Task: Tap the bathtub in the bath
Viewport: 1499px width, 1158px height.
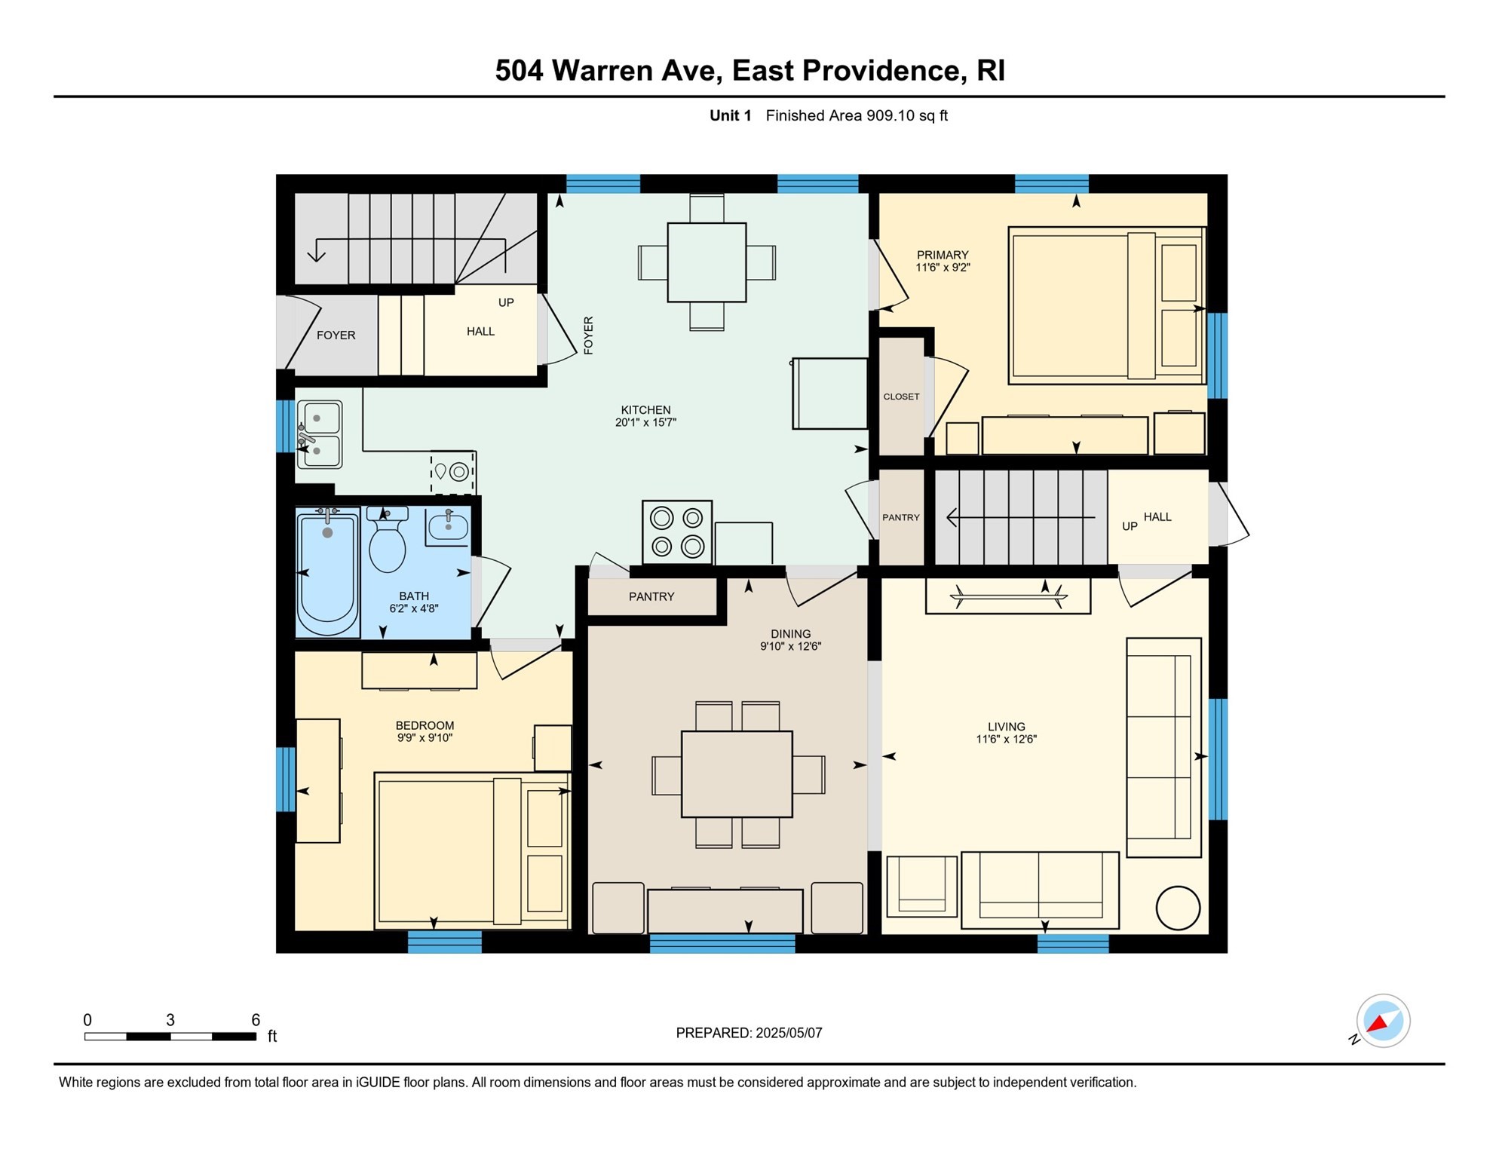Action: coord(327,573)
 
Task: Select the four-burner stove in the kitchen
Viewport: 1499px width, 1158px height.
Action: coord(677,532)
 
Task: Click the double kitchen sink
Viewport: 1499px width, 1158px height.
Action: coord(320,434)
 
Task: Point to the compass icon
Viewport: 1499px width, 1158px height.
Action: coord(1383,1021)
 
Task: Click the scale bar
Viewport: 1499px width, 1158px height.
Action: coord(170,1037)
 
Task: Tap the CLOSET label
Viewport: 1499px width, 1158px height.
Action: coord(901,397)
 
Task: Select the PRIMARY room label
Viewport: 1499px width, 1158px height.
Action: coord(943,255)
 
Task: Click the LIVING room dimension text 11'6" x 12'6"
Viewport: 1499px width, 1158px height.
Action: coord(1007,740)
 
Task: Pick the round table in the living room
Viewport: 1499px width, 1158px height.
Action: coord(1178,908)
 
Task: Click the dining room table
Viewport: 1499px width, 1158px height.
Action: coord(737,774)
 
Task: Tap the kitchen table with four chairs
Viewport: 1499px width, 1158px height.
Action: coord(707,262)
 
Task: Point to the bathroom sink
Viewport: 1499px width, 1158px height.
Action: coord(448,525)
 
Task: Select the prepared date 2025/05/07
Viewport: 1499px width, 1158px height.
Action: coord(789,1033)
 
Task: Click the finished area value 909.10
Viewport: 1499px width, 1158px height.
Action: coord(890,115)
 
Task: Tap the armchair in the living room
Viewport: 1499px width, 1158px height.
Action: coord(921,886)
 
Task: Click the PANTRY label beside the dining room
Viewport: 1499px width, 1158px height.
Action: coord(651,596)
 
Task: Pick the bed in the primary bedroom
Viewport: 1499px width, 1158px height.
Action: coord(1107,305)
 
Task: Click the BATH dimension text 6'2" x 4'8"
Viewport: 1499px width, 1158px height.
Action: coord(414,608)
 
